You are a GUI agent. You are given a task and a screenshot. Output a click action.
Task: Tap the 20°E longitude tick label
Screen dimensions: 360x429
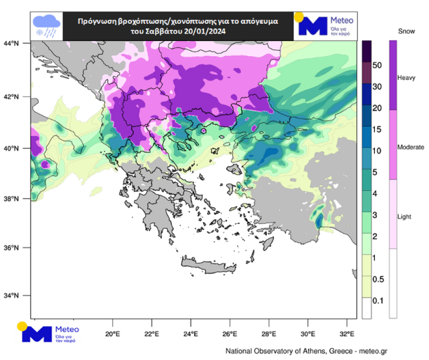pyautogui.click(x=113, y=334)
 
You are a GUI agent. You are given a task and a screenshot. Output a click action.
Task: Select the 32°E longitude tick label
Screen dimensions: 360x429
pyautogui.click(x=347, y=334)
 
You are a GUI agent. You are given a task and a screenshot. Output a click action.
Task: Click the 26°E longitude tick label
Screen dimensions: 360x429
pyautogui.click(x=230, y=334)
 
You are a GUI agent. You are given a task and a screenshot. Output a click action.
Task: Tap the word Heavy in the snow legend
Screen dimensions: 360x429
pyautogui.click(x=407, y=78)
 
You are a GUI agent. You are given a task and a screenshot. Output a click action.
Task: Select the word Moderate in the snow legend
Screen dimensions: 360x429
pyautogui.click(x=410, y=147)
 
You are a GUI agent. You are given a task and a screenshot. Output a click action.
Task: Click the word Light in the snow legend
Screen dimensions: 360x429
pyautogui.click(x=405, y=217)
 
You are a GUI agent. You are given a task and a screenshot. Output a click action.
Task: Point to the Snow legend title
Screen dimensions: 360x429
pyautogui.click(x=406, y=32)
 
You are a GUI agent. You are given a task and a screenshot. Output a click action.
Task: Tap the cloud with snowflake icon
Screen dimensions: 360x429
pyautogui.click(x=46, y=26)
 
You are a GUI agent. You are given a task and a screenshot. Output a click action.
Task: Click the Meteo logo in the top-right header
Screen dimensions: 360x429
pyautogui.click(x=325, y=26)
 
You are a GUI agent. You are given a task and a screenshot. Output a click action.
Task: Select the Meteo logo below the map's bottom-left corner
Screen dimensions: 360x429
pyautogui.click(x=48, y=332)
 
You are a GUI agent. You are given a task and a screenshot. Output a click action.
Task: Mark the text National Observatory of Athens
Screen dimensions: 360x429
pyautogui.click(x=275, y=351)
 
